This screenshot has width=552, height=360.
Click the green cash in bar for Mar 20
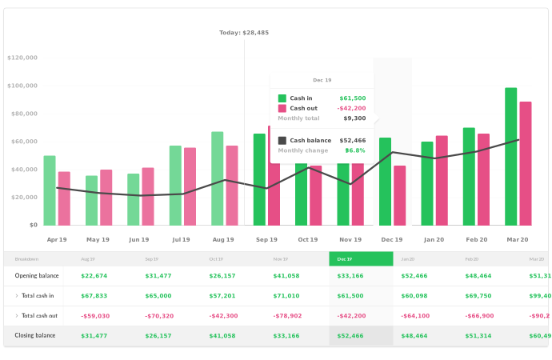pyautogui.click(x=510, y=157)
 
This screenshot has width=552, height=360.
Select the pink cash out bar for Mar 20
pyautogui.click(x=526, y=163)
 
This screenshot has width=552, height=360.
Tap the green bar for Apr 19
pyautogui.click(x=50, y=190)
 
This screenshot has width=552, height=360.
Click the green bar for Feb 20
pyautogui.click(x=469, y=177)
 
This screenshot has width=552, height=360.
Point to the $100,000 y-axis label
pyautogui.click(x=22, y=86)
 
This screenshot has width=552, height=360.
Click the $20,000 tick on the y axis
pyautogui.click(x=24, y=198)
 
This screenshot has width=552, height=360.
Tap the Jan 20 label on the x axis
pyautogui.click(x=434, y=239)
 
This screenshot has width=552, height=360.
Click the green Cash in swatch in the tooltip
pyautogui.click(x=282, y=98)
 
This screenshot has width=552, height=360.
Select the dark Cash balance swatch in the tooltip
pyautogui.click(x=282, y=141)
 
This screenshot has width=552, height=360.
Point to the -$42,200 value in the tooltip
pyautogui.click(x=351, y=108)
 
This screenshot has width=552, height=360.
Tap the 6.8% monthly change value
pyautogui.click(x=354, y=150)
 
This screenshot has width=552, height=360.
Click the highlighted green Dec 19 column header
pyautogui.click(x=361, y=259)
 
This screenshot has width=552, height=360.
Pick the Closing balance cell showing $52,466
pyautogui.click(x=351, y=336)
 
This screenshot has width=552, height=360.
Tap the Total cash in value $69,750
pyautogui.click(x=478, y=296)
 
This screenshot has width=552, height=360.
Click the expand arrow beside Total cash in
pyautogui.click(x=16, y=296)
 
